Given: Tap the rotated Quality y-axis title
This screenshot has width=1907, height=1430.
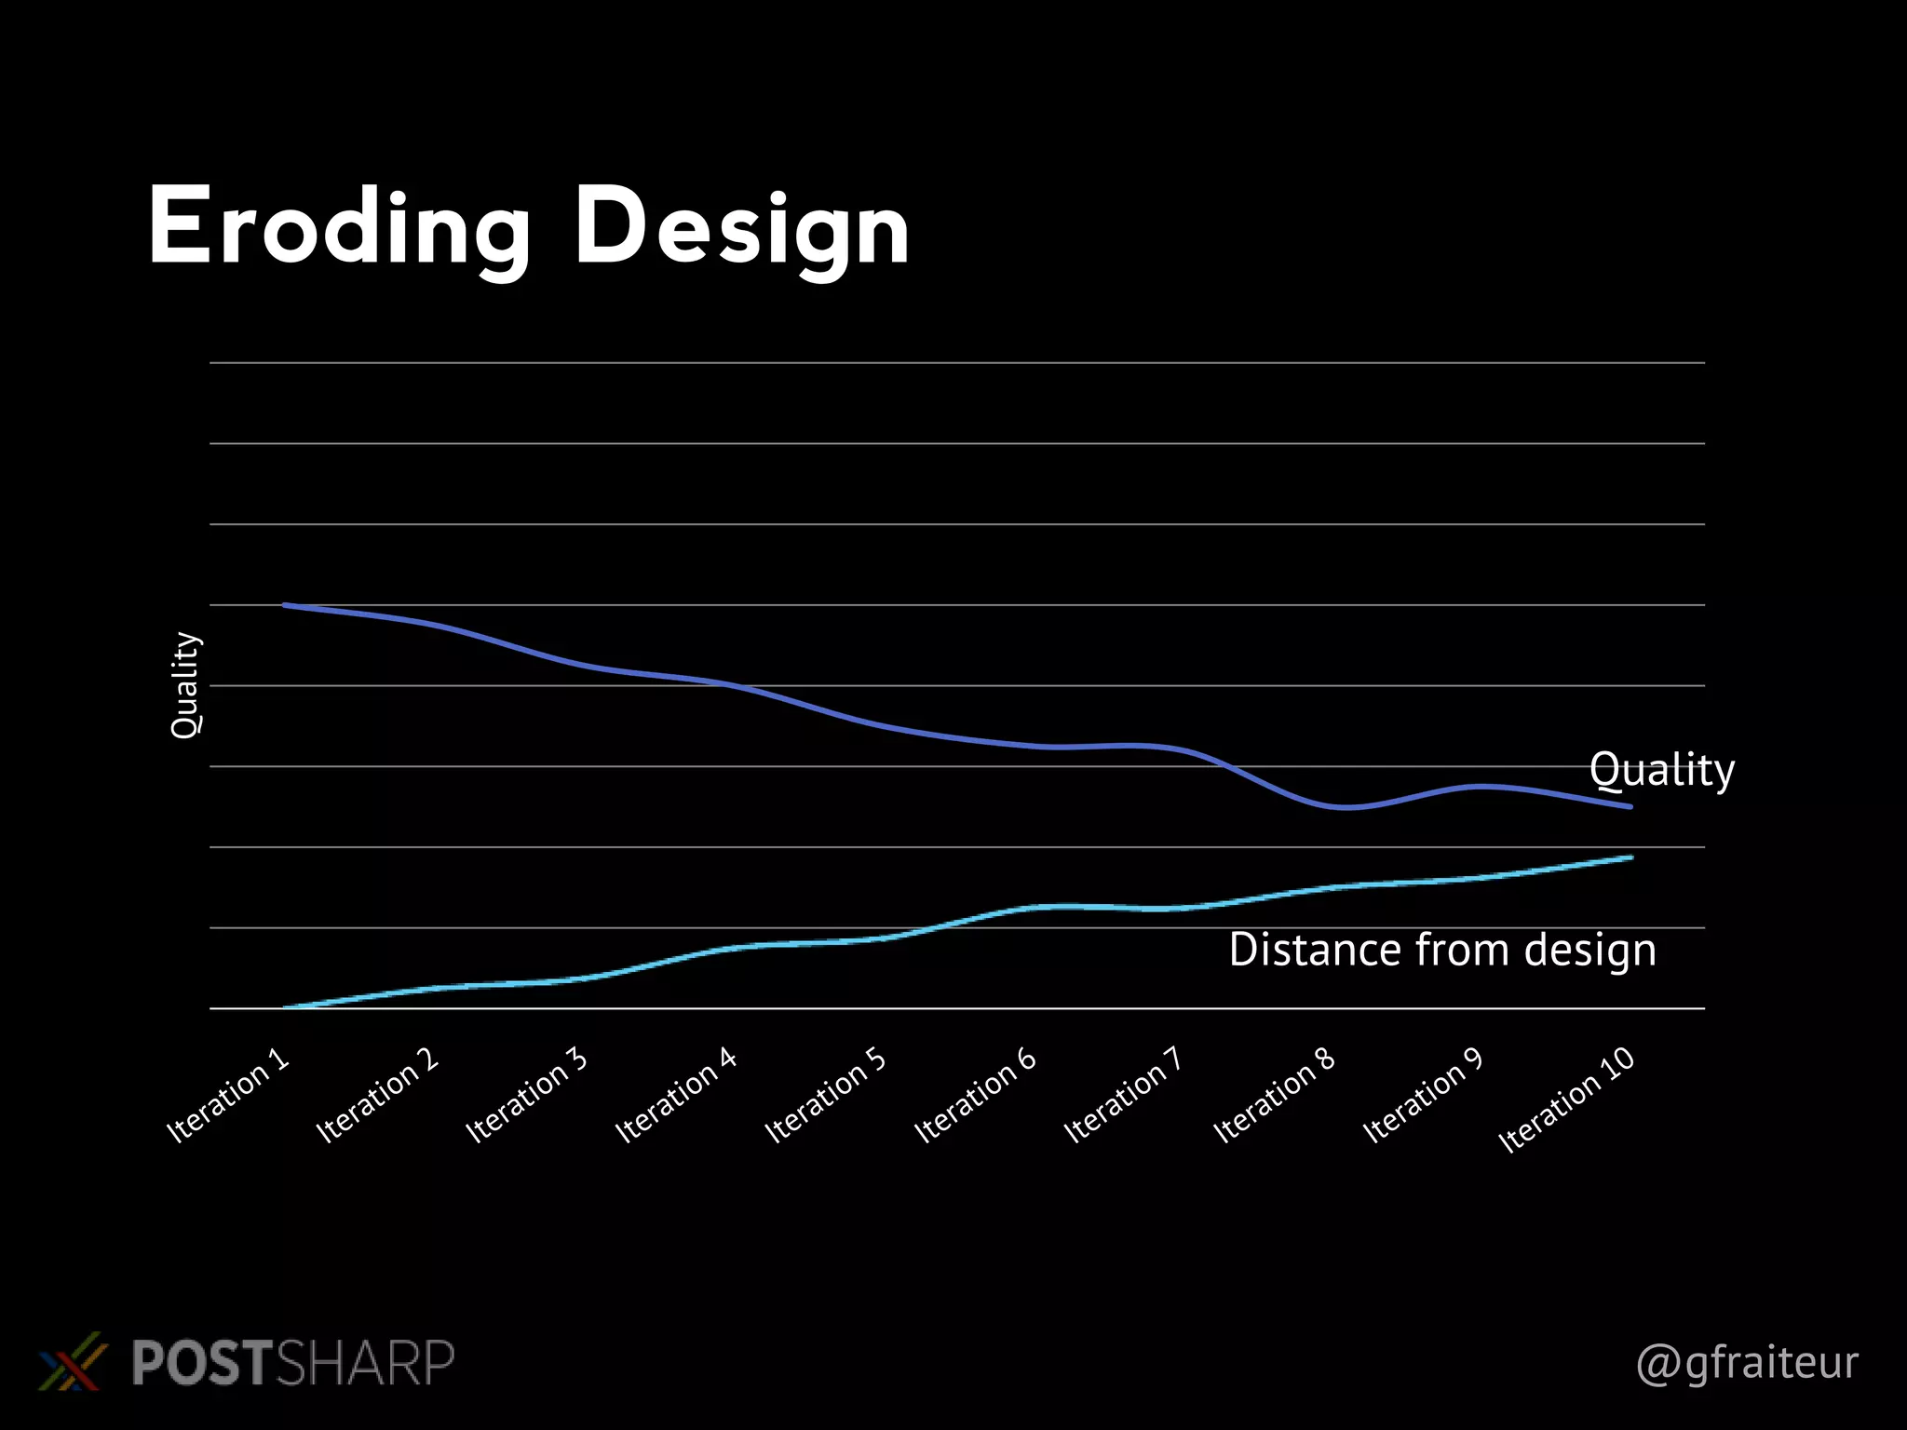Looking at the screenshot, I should tap(185, 685).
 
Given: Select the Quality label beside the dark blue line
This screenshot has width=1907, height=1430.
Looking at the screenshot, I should tap(1661, 771).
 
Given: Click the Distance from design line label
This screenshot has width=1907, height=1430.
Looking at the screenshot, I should tap(1441, 951).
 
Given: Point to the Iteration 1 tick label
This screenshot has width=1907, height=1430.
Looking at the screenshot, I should tap(229, 1096).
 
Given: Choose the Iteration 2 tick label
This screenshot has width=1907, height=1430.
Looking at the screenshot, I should tap(378, 1096).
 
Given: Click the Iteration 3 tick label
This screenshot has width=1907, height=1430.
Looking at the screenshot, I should tap(528, 1096).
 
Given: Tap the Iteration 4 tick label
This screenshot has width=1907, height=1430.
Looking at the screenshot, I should tap(677, 1096).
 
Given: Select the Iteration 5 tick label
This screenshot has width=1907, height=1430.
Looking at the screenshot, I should tap(827, 1096).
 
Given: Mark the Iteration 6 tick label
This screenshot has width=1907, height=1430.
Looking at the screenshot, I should tap(976, 1096).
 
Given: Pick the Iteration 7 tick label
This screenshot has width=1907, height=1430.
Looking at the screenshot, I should tap(1124, 1096).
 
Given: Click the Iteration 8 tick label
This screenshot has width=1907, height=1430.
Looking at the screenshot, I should tap(1275, 1096).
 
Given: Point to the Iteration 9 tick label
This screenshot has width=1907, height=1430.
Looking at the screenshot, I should tap(1424, 1096).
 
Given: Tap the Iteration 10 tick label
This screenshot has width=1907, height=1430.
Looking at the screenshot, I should tap(1567, 1100).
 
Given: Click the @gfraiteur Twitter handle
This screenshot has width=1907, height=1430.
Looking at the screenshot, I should tap(1747, 1363).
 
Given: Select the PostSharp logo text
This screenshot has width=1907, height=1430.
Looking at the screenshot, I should tap(292, 1363).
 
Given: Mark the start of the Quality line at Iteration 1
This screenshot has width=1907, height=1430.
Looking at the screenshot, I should tap(285, 605).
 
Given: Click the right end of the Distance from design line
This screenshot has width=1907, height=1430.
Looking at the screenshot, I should tap(1630, 857).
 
